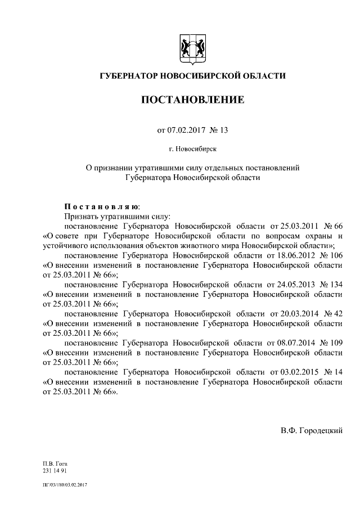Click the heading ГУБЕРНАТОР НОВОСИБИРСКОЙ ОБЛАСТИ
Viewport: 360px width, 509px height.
(192, 76)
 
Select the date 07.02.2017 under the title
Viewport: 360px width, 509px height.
(184, 130)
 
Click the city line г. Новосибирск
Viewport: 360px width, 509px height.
(192, 149)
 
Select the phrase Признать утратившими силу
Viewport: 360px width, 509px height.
(112, 215)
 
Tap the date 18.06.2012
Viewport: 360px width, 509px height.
(292, 255)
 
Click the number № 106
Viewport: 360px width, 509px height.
(331, 255)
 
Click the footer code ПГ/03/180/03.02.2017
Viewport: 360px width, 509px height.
(66, 484)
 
